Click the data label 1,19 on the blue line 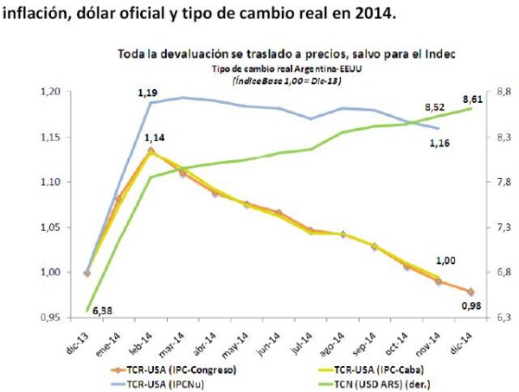(151, 89)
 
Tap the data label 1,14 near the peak (155, 137)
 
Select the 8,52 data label (433, 107)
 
